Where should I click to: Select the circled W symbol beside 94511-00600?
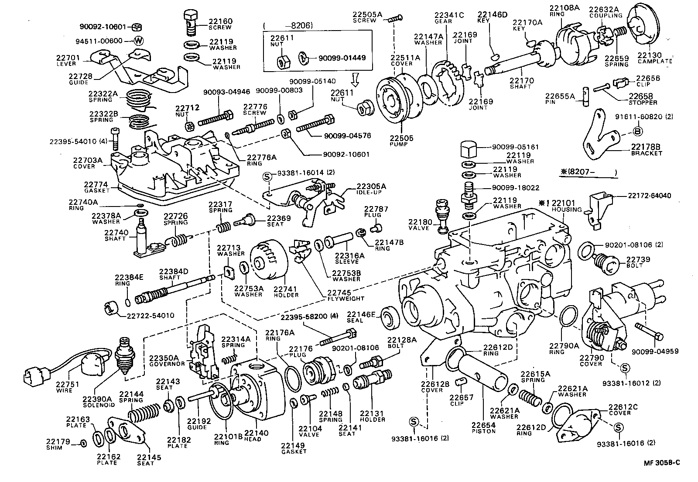pyautogui.click(x=139, y=41)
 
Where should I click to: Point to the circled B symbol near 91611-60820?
pyautogui.click(x=636, y=131)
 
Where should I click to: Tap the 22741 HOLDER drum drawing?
pyautogui.click(x=267, y=261)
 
